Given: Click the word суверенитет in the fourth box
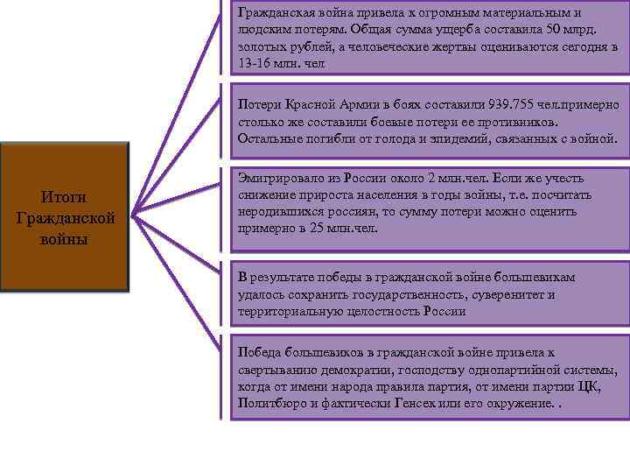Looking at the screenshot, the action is click(x=515, y=294).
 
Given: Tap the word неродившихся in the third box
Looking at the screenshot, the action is click(x=277, y=210).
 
